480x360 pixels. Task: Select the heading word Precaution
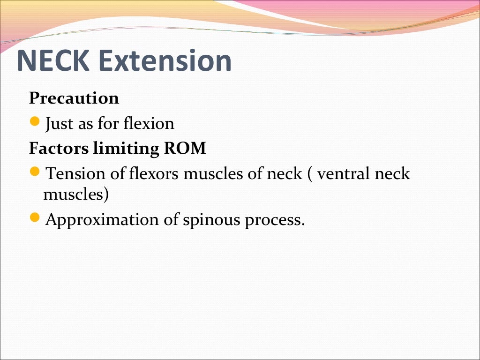pos(74,98)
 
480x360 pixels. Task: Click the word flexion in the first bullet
pos(149,124)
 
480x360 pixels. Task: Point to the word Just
pos(59,124)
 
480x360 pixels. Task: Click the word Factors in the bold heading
pos(59,149)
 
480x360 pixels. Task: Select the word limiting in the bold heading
pos(126,149)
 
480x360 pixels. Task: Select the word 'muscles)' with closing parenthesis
pos(76,194)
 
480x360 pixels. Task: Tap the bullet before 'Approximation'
pos(34,218)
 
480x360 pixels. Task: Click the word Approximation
pos(102,220)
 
